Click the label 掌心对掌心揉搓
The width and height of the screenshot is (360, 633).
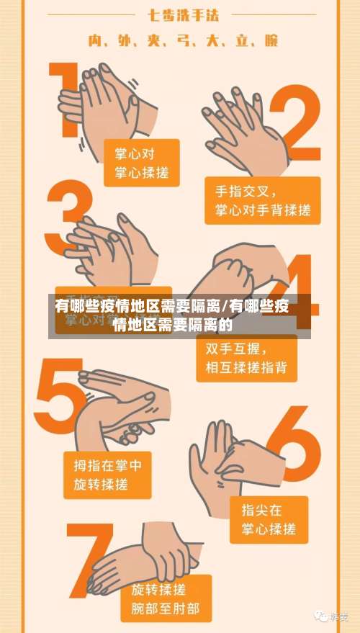pos(141,163)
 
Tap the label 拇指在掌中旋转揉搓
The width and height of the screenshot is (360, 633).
pos(108,475)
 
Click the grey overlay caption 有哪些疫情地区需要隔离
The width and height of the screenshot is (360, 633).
pos(173,315)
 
